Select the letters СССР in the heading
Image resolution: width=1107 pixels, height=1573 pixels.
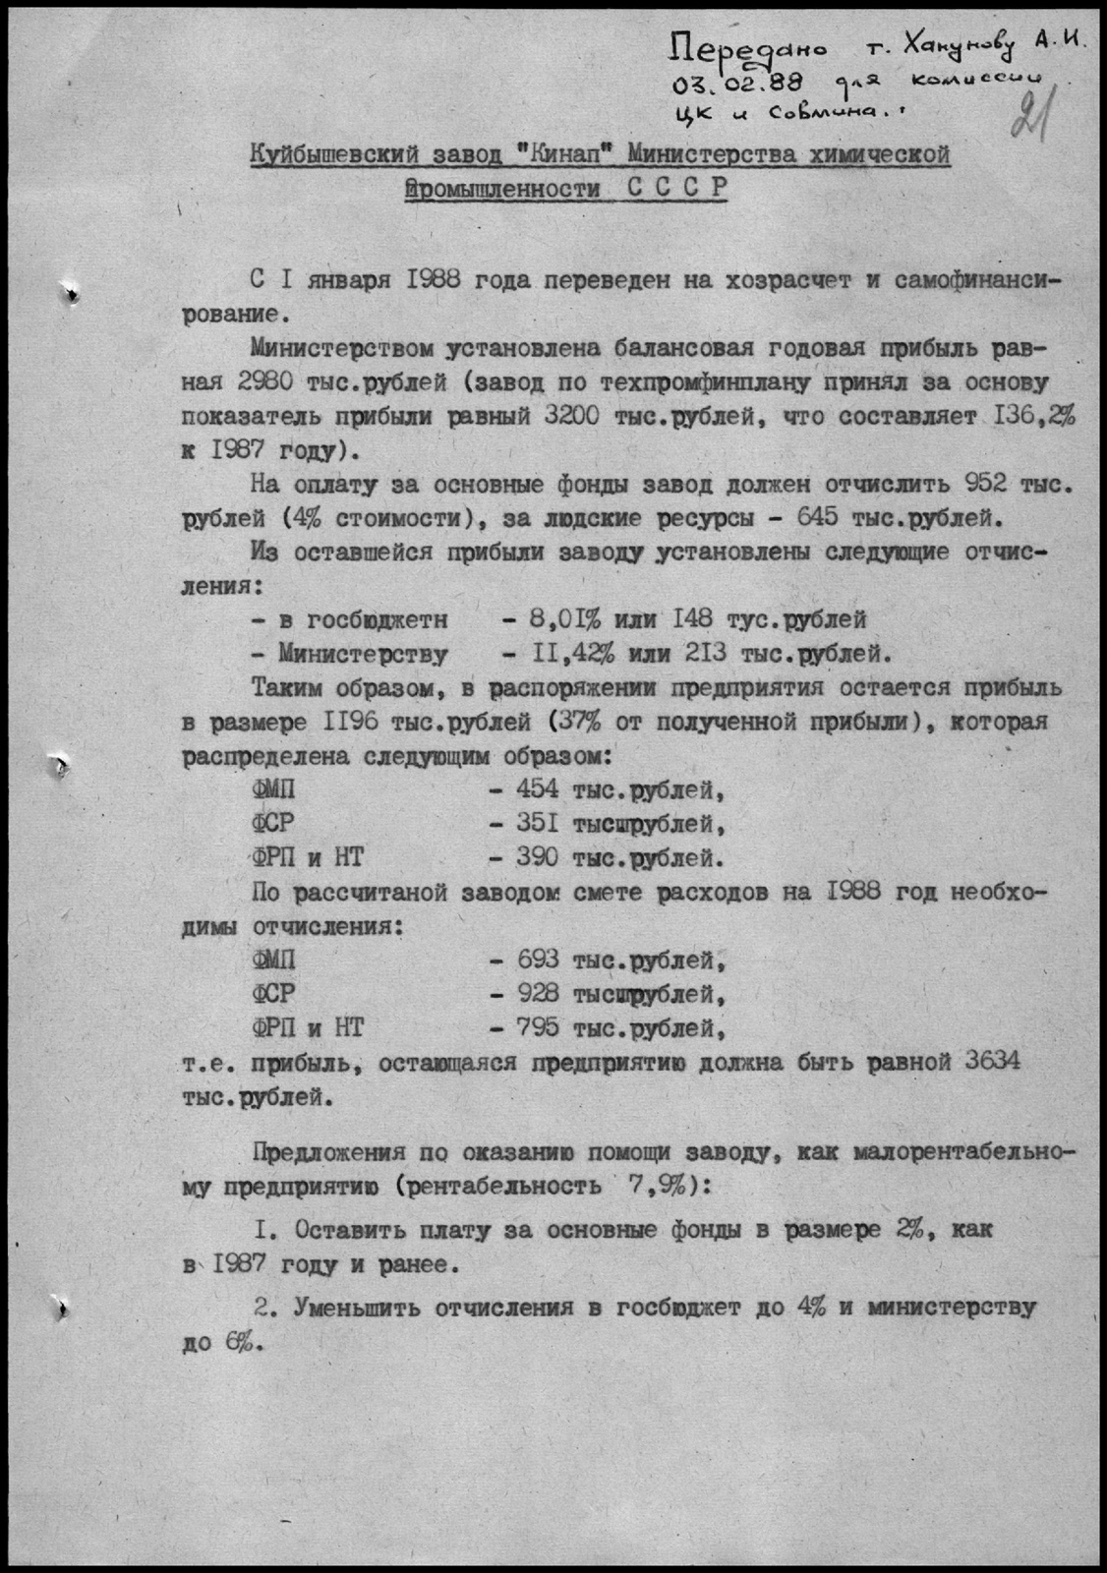click(676, 188)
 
